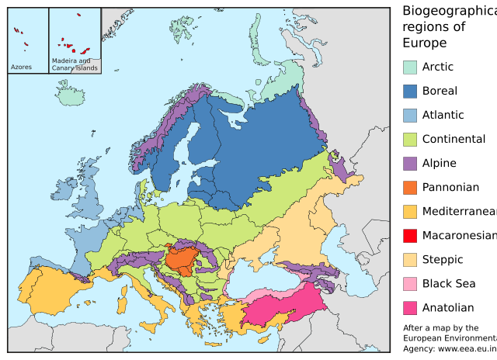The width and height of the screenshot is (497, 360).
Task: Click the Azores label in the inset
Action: tap(21, 67)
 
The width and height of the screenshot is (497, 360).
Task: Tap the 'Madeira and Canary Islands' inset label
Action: tap(75, 64)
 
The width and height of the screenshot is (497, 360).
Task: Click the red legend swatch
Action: tap(410, 236)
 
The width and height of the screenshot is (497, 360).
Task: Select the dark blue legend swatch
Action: tap(410, 92)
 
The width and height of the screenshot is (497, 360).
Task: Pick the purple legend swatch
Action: tap(410, 164)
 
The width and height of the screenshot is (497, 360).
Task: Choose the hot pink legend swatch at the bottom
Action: tap(410, 308)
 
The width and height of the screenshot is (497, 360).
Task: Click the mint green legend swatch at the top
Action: tap(410, 67)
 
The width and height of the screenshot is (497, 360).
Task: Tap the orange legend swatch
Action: tap(410, 188)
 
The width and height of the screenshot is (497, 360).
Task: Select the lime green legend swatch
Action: tap(410, 140)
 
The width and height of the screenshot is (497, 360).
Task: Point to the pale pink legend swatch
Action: tap(410, 284)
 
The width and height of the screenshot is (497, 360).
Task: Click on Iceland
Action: tap(71, 97)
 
